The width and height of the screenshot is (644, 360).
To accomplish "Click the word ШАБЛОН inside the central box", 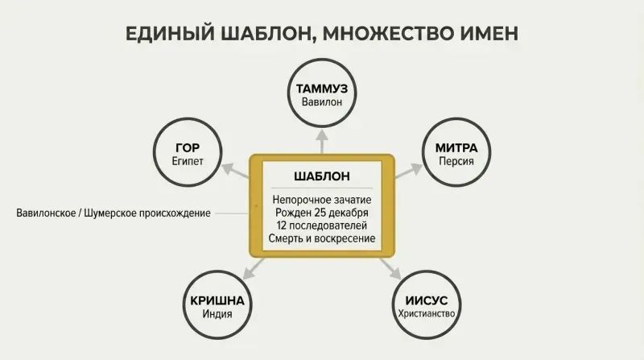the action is coord(322,176).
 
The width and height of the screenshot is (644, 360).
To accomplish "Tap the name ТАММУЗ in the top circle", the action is coord(322,89).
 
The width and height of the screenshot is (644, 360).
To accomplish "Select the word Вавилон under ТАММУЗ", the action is coord(322,102).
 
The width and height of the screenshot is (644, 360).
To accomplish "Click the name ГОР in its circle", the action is coord(188,147).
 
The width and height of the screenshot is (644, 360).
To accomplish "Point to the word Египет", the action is coord(188,161).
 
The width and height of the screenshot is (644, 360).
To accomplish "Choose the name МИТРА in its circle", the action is coord(456,147).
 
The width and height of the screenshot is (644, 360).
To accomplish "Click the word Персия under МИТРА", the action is coord(456,161).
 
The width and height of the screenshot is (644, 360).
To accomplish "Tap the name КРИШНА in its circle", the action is coord(217,301).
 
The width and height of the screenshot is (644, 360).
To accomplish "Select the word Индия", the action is coord(217,314).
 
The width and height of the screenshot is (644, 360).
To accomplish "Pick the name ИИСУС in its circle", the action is coord(427,301).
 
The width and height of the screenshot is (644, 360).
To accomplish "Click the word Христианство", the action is coord(427,313).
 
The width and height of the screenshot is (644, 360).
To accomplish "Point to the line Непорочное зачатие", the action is coord(322,200).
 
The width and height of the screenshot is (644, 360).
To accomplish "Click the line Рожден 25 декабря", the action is coord(322,213).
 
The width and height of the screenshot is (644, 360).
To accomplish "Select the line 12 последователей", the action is coord(322,226).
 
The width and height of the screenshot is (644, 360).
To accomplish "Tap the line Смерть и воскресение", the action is coord(322,238).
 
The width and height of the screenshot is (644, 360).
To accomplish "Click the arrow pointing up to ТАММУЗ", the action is coord(322,142).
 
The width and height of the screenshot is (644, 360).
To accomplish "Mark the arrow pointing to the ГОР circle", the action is coord(236,171).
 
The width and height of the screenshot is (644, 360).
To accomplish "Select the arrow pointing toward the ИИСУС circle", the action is coord(390,269).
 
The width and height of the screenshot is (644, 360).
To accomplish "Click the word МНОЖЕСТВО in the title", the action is coord(384,34).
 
